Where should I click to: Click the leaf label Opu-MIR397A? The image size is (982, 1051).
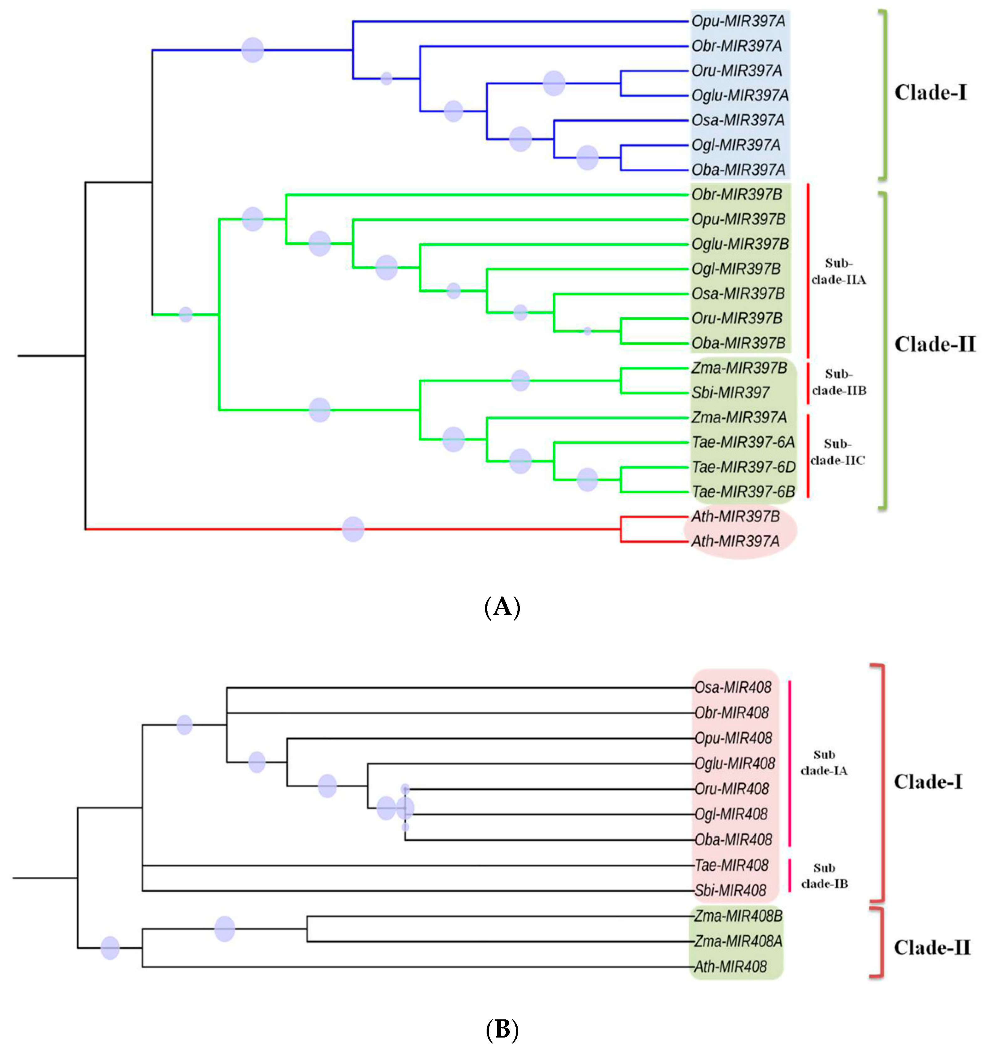pos(738,22)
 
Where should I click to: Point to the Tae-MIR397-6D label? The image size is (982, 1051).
pos(743,467)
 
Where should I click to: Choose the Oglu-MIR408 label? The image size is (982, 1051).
pos(735,763)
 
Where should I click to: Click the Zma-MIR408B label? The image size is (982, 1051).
pos(738,916)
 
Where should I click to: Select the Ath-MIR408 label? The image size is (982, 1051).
pos(730,967)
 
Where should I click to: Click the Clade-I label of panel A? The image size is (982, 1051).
pos(930,93)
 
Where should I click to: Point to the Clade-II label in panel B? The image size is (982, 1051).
pos(932,948)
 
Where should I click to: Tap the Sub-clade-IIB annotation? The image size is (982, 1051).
pos(839,382)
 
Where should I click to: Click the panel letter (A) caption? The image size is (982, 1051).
pos(502,607)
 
